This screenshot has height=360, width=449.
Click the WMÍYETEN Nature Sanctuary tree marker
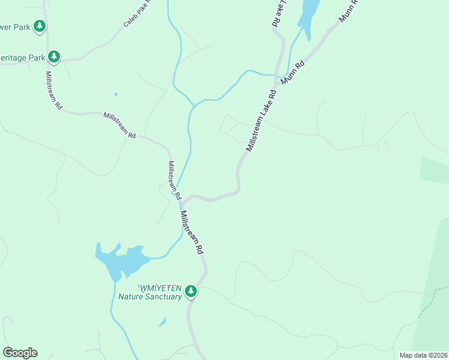pos(191,291)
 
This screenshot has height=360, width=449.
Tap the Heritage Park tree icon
pos(54,57)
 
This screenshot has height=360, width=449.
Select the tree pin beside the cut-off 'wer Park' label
pos(40,26)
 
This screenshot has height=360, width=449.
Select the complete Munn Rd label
pos(292,71)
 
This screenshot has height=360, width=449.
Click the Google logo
pos(20,353)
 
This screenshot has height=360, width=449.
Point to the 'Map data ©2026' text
pos(423,355)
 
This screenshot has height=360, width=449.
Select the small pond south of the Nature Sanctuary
pos(163,322)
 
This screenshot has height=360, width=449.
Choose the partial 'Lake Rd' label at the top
pos(277,12)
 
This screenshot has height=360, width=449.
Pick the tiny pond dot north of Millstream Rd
pos(115,94)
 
